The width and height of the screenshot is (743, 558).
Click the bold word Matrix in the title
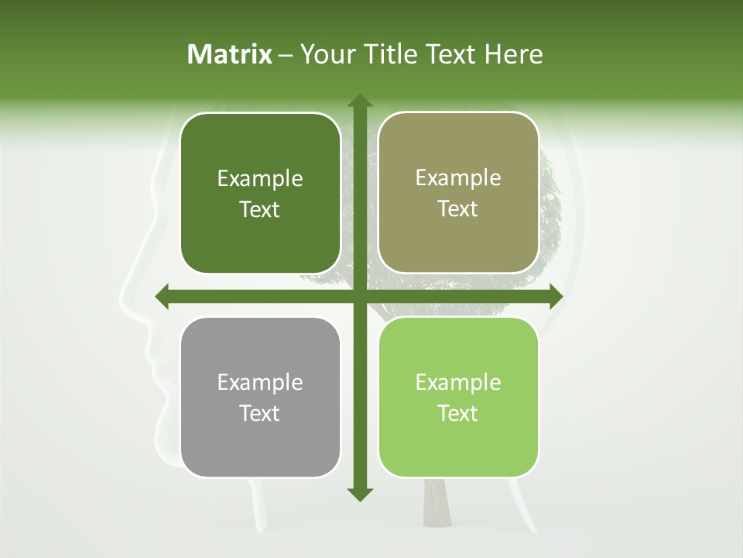click(230, 54)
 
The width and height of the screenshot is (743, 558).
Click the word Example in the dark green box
click(260, 180)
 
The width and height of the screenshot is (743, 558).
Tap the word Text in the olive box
click(458, 209)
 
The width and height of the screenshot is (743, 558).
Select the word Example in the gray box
click(260, 383)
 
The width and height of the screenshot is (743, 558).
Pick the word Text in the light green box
click(458, 413)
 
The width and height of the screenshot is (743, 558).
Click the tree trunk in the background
click(436, 504)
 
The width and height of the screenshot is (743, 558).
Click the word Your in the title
click(324, 54)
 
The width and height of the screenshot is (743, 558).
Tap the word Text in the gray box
click(260, 413)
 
